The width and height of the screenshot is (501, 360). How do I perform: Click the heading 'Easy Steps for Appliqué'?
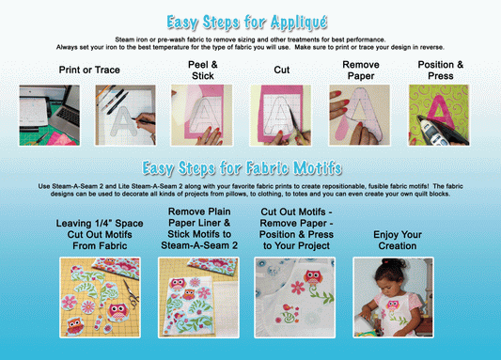[x=247, y=23]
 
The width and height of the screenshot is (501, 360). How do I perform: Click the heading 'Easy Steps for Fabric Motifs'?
[x=242, y=168]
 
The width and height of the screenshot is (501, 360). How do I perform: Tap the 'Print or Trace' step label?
[x=89, y=70]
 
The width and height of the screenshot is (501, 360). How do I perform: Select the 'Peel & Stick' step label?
[x=203, y=70]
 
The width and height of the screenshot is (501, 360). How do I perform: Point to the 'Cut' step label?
[x=281, y=70]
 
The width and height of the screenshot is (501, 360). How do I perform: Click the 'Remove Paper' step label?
[x=361, y=70]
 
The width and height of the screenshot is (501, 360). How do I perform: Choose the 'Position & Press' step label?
[x=441, y=70]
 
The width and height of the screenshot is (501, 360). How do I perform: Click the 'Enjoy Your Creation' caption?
[x=398, y=241]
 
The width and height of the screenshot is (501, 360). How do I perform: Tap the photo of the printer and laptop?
[x=49, y=116]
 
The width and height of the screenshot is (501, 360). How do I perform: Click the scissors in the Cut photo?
[x=298, y=125]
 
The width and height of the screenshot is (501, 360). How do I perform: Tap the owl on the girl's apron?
[x=392, y=305]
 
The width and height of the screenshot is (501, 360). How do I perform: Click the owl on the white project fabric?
[x=314, y=277]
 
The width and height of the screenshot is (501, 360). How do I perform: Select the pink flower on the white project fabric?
[x=297, y=288]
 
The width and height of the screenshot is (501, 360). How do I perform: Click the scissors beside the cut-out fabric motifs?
[x=131, y=294]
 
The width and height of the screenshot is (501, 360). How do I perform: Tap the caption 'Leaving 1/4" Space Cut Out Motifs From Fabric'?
[x=100, y=234]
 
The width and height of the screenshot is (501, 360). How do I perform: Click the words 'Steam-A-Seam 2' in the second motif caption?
[x=199, y=245]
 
